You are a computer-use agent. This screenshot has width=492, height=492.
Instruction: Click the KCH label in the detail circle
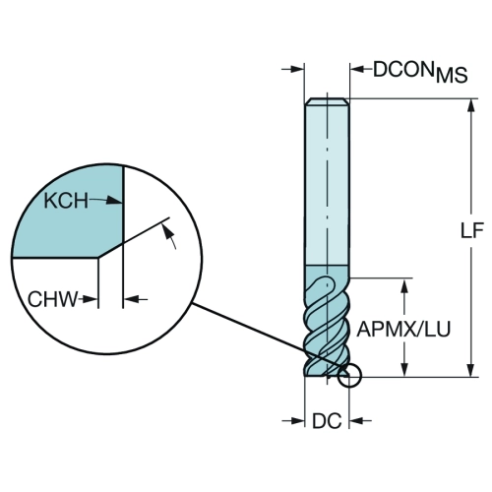(66, 201)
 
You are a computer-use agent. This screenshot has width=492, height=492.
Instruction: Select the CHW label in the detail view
(52, 299)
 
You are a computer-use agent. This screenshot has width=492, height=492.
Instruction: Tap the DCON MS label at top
(420, 71)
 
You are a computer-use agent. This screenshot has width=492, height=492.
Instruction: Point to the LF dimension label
(472, 230)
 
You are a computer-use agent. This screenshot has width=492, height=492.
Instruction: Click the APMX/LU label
(403, 329)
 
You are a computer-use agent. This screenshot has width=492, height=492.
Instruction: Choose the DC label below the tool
(327, 421)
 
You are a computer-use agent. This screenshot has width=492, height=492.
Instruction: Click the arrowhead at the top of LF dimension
(471, 105)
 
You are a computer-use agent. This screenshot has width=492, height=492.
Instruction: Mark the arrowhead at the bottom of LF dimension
(471, 369)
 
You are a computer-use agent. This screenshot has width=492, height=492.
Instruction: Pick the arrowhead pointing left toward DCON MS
(357, 69)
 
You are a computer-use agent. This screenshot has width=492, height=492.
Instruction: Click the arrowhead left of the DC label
(297, 420)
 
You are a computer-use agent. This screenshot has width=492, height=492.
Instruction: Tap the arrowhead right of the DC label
(356, 420)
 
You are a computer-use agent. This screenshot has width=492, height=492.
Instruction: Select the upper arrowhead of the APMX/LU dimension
(404, 286)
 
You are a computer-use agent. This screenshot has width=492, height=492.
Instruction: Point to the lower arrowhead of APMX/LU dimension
(404, 369)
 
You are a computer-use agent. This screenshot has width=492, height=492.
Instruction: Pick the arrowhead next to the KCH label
(115, 200)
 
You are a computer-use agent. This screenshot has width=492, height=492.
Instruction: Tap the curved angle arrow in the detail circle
(171, 234)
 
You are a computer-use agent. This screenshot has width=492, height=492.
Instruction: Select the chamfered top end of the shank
(327, 101)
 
